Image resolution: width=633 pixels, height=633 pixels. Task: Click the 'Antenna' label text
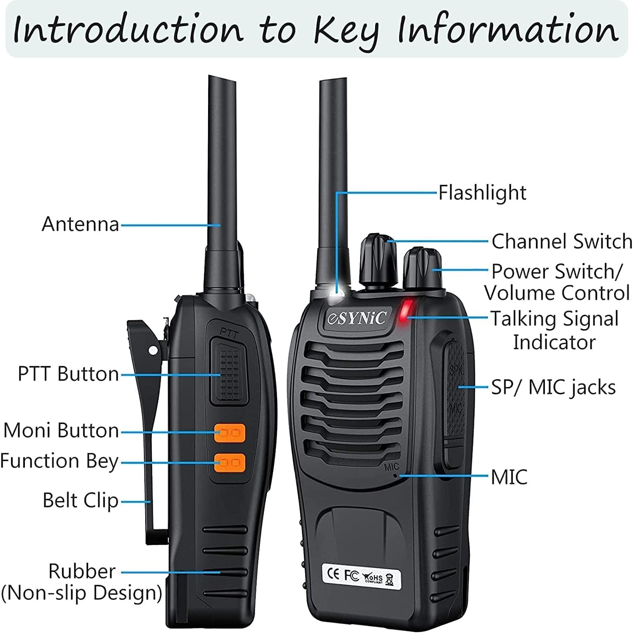80,224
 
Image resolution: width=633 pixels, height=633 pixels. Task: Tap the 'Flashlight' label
482,193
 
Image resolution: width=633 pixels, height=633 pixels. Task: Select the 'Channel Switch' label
561,242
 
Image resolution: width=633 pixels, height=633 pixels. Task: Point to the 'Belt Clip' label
80,501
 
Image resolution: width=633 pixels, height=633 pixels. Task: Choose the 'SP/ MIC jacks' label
553,387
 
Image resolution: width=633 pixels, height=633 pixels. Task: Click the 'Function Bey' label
59,461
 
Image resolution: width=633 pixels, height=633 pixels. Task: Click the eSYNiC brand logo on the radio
357,318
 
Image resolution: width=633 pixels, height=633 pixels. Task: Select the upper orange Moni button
230,433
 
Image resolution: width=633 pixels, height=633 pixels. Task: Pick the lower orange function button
230,463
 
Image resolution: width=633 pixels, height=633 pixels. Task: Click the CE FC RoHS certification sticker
361,576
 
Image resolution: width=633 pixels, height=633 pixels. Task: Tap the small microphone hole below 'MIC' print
395,476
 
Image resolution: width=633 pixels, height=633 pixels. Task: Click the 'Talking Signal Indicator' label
554,330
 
